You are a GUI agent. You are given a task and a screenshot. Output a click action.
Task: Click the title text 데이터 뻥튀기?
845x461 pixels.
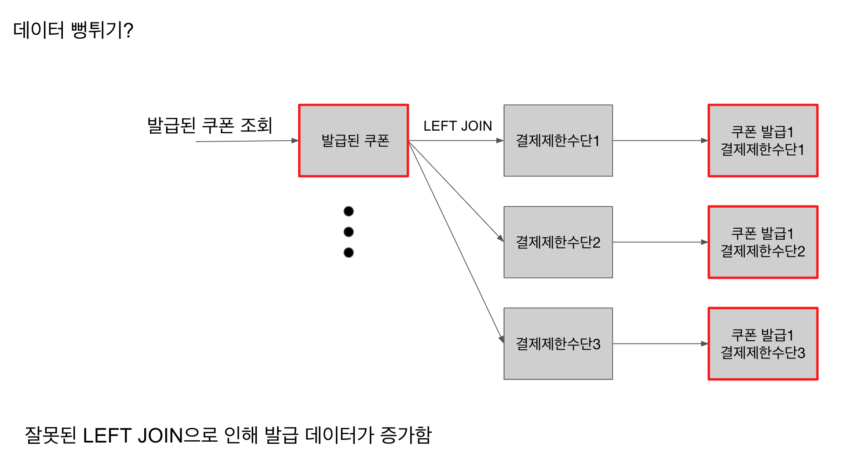coord(73,30)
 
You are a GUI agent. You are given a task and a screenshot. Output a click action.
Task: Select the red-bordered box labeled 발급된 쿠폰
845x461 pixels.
coord(353,141)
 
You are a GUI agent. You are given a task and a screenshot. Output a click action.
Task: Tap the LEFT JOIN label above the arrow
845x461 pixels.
coord(457,126)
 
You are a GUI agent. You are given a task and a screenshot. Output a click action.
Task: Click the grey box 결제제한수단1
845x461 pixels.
coord(558,141)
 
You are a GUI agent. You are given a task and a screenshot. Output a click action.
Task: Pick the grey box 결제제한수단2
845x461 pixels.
coord(558,242)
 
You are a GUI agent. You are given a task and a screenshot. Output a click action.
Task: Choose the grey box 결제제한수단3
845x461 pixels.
coord(558,344)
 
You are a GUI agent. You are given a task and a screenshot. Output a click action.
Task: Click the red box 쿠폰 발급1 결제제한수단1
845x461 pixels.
coord(763,141)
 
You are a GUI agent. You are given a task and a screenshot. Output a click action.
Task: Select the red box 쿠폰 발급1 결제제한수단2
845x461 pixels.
coord(763,242)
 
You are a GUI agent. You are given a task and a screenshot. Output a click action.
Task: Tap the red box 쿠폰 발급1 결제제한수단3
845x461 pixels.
coord(763,344)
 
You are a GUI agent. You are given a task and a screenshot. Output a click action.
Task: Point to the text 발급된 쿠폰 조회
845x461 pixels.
coord(210,125)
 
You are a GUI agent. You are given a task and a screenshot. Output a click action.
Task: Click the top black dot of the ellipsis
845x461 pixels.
coord(349,212)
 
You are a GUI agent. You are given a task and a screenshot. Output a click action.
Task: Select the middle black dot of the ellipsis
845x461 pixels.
coord(349,232)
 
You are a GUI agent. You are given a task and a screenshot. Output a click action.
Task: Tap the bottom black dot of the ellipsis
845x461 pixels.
coord(349,252)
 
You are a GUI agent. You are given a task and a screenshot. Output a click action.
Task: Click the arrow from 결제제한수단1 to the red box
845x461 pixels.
coord(659,141)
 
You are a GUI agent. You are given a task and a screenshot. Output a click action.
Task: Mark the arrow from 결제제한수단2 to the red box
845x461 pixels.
coord(659,242)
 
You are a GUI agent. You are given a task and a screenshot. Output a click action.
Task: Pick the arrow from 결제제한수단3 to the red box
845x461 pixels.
coord(659,344)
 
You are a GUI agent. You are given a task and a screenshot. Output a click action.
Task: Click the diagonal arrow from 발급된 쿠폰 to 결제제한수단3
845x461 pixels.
coord(456,241)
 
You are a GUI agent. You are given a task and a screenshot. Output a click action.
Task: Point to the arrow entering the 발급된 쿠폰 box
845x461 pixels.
coord(246,141)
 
